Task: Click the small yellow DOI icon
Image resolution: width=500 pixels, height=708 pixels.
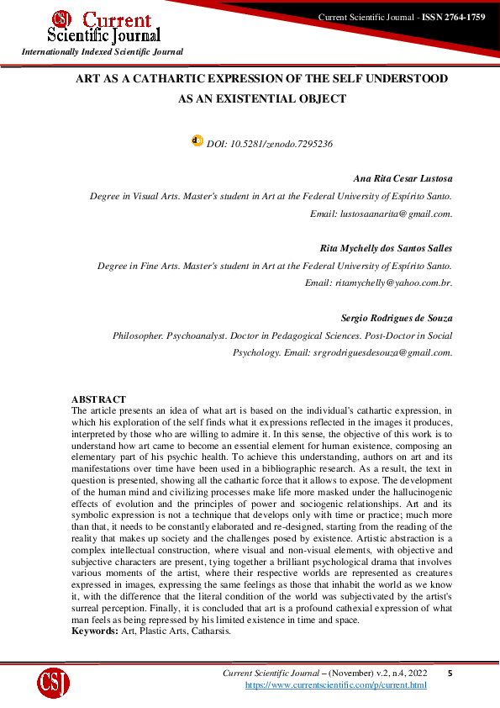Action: (x=197, y=142)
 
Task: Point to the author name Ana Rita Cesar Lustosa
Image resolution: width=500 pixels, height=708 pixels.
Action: (x=403, y=179)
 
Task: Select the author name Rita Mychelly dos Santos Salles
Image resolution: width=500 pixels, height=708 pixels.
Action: (x=387, y=248)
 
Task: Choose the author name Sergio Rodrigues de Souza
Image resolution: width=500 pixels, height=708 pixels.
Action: (x=397, y=318)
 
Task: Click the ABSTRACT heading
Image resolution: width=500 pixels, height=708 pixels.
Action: (x=98, y=399)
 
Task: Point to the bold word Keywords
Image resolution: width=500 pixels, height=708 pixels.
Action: (x=93, y=630)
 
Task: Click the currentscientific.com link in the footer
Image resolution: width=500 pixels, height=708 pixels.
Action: (x=335, y=685)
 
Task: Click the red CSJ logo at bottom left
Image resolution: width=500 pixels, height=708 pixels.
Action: (x=53, y=682)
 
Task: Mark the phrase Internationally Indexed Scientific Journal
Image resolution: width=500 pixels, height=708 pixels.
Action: (x=102, y=52)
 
